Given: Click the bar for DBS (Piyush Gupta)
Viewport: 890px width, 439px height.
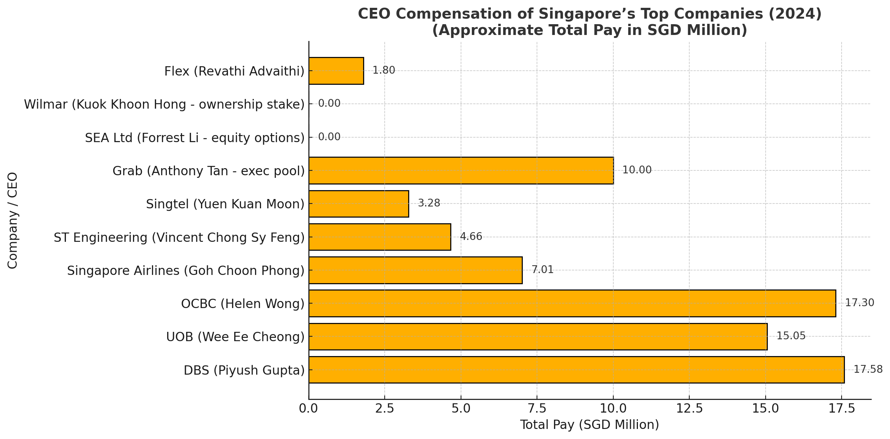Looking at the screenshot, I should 576,369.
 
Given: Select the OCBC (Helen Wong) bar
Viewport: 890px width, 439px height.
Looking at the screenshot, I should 572,303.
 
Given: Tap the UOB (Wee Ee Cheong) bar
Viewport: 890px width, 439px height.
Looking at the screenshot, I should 538,336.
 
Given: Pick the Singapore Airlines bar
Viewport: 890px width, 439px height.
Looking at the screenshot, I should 415,270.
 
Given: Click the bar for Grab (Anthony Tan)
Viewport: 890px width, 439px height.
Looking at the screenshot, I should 461,170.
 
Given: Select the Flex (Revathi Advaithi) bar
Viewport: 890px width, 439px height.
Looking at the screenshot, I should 336,71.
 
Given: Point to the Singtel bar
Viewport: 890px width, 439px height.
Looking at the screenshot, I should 359,204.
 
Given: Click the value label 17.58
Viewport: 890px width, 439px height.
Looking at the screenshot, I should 868,369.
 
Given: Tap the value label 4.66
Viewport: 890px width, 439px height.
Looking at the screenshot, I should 471,237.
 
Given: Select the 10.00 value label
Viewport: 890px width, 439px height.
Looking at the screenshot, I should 637,170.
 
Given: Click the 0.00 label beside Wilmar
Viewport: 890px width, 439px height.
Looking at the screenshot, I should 329,104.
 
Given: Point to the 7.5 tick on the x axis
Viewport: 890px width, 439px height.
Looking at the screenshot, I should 537,408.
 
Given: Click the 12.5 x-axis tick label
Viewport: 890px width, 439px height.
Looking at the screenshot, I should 689,408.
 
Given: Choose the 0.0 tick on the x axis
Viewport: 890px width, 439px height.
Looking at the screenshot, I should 309,408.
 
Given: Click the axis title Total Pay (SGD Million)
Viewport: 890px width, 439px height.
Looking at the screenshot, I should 589,425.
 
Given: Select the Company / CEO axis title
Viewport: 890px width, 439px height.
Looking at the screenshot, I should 13,220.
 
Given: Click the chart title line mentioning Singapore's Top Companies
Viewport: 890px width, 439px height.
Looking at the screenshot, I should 589,14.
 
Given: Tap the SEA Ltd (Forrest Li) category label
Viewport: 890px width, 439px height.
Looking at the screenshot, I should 195,138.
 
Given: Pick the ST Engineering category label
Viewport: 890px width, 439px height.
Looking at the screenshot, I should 179,237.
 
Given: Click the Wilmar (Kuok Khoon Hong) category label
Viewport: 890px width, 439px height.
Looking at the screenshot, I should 164,105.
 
